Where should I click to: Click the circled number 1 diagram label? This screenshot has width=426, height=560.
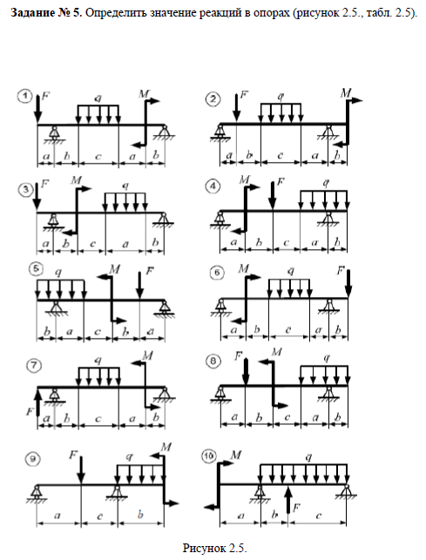point(26,97)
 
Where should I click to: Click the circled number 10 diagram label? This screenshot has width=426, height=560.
point(209,455)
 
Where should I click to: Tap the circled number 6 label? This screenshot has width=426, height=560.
point(218,273)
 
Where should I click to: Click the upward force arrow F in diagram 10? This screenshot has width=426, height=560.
point(287,500)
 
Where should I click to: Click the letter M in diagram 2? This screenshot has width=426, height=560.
point(346,93)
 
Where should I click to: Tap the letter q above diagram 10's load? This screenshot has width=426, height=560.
point(309,456)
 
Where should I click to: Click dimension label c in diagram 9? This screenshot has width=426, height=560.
point(99,516)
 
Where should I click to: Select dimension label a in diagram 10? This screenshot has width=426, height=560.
point(240,516)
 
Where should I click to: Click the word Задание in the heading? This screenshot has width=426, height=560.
point(32,13)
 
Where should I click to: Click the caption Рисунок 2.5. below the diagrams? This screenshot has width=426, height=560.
point(214,548)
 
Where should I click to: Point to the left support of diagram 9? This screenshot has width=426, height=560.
point(37,494)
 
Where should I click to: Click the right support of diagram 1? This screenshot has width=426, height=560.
point(164,132)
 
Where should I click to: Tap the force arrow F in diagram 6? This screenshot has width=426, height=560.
point(348,284)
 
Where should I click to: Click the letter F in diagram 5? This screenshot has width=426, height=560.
point(150,271)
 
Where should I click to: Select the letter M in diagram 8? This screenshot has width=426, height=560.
point(277,352)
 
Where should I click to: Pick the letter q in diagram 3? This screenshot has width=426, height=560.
point(125,186)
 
